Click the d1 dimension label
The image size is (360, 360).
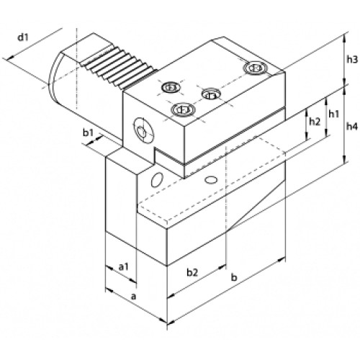click(x=24, y=37)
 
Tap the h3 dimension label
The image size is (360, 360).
click(x=352, y=60)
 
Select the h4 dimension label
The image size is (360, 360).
click(x=352, y=126)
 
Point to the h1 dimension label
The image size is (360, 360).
click(x=333, y=114)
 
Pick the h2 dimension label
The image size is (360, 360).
click(x=315, y=122)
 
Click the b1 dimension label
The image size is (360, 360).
click(x=88, y=132)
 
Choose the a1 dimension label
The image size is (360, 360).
click(x=124, y=266)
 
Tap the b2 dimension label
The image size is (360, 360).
click(x=192, y=272)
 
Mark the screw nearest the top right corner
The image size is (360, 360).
click(x=255, y=68)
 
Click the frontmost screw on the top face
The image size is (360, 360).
click(x=183, y=110)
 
